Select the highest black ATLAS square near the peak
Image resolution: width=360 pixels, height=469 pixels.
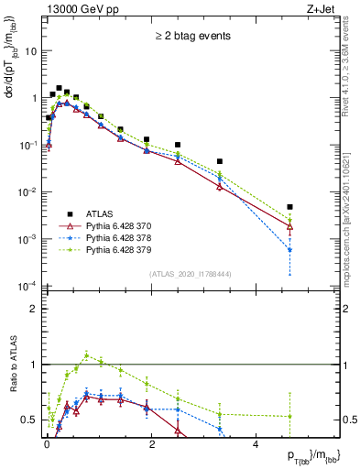(59, 89)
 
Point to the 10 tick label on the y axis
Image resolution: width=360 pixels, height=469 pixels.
(30, 51)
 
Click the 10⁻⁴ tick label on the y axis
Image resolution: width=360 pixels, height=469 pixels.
(27, 287)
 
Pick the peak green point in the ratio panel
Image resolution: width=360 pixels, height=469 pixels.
(86, 355)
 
